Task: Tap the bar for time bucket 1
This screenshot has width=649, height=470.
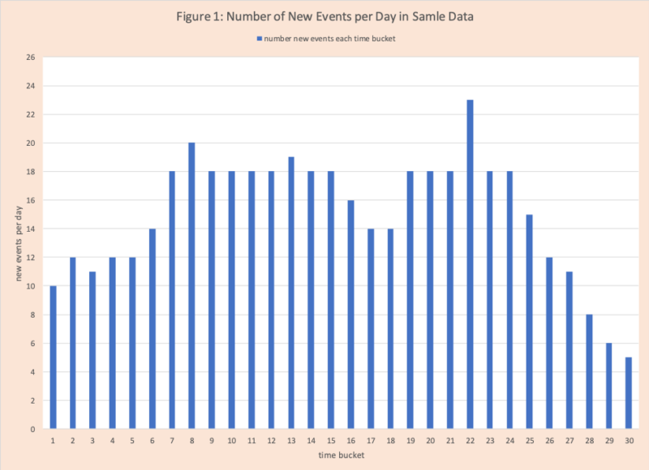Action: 53,357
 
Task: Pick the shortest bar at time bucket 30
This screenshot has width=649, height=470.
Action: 629,393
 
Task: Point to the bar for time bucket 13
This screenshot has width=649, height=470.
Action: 290,293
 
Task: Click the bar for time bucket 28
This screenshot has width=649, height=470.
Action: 589,372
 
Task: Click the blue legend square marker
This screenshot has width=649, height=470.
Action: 259,38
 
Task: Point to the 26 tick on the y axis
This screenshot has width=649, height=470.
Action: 30,58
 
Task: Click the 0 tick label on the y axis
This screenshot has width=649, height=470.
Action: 32,429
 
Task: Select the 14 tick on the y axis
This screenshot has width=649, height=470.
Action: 30,229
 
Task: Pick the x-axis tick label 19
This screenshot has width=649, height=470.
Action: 410,441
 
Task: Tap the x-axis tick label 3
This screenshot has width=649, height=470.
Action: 92,441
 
